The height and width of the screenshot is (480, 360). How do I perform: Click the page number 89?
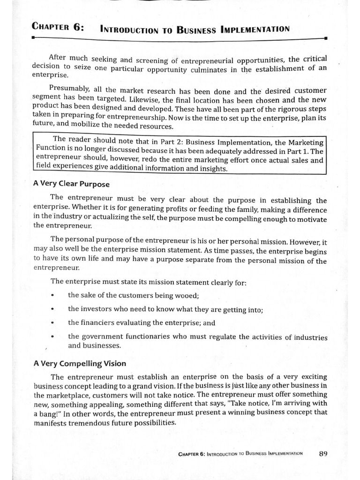pyautogui.click(x=322, y=453)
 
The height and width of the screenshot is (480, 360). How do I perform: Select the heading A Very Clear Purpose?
pyautogui.click(x=71, y=183)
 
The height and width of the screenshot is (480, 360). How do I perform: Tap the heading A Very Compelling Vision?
pyautogui.click(x=79, y=363)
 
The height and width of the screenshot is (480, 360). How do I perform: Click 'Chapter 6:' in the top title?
pyautogui.click(x=58, y=27)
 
